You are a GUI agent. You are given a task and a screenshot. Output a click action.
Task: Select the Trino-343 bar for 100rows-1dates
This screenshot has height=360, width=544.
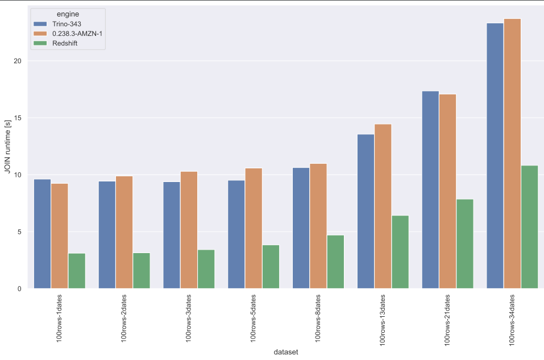point(42,234)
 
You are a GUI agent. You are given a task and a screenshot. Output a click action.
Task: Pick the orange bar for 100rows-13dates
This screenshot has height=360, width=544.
point(383,206)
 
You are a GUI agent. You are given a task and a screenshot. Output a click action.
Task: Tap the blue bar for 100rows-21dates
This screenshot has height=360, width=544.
point(430,190)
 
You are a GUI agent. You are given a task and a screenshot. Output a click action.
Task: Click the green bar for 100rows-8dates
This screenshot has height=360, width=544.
point(335,262)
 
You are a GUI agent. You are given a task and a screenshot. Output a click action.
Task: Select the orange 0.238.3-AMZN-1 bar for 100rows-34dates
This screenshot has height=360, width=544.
point(512,154)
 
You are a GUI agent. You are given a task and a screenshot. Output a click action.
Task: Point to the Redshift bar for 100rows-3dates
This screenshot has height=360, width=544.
point(206,269)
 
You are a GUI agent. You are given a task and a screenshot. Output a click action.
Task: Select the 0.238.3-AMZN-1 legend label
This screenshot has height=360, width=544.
point(77,34)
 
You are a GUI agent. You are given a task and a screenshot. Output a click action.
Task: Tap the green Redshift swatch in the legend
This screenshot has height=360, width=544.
point(41,44)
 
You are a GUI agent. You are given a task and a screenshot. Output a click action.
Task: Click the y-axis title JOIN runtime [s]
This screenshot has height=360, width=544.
point(7,147)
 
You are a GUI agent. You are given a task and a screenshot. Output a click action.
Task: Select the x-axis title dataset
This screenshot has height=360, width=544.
point(286,352)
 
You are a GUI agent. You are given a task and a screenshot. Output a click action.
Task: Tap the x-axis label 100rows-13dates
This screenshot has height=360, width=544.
point(383,317)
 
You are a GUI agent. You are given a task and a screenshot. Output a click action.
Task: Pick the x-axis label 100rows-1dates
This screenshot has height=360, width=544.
point(60,317)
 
